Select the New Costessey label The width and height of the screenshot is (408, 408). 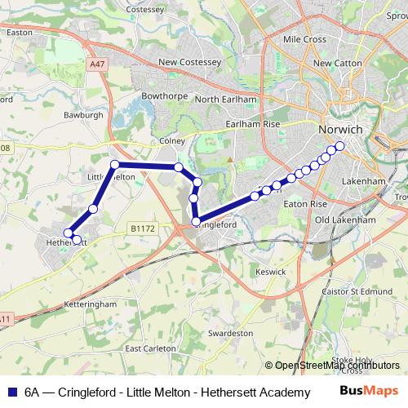pos(189,62)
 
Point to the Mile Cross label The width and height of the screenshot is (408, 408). pos(304,39)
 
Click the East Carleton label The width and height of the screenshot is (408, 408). pos(150,348)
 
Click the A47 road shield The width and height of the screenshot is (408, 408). pos(98,64)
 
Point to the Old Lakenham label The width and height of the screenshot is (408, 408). pos(345,220)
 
